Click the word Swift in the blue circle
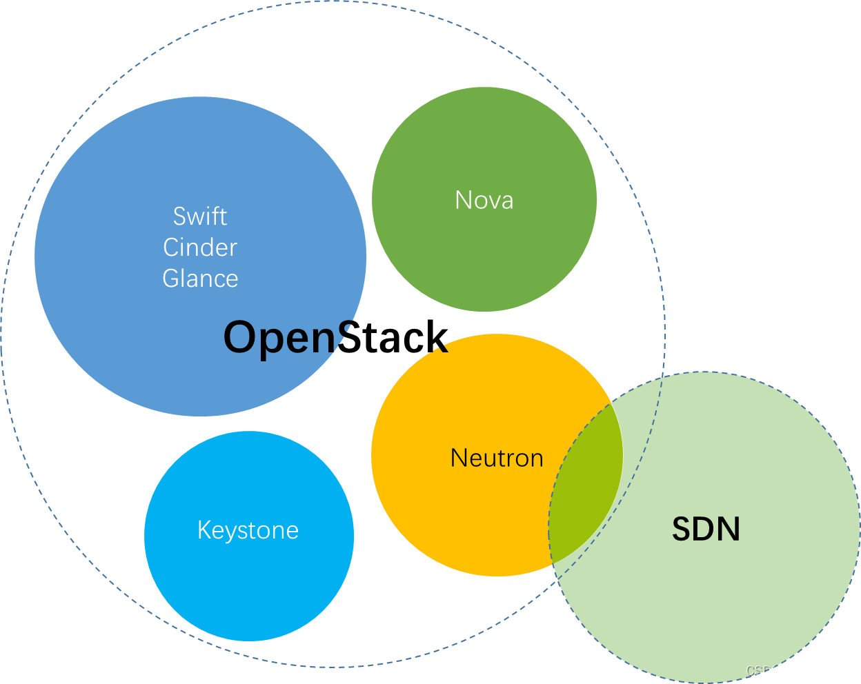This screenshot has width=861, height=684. pyautogui.click(x=199, y=217)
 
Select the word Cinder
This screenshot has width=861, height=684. pyautogui.click(x=200, y=248)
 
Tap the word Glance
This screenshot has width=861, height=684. pyautogui.click(x=200, y=279)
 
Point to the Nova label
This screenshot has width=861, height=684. pyautogui.click(x=484, y=201)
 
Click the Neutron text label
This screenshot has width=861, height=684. pyautogui.click(x=497, y=459)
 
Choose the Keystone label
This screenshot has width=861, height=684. pyautogui.click(x=248, y=530)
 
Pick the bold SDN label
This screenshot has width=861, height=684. pyautogui.click(x=706, y=530)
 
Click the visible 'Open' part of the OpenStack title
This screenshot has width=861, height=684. pyautogui.click(x=279, y=338)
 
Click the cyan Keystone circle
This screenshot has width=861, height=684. pyautogui.click(x=248, y=586)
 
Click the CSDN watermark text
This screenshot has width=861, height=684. pyautogui.click(x=763, y=670)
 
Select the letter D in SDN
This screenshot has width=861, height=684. pyautogui.click(x=705, y=530)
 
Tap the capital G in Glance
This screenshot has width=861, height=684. pyautogui.click(x=170, y=279)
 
